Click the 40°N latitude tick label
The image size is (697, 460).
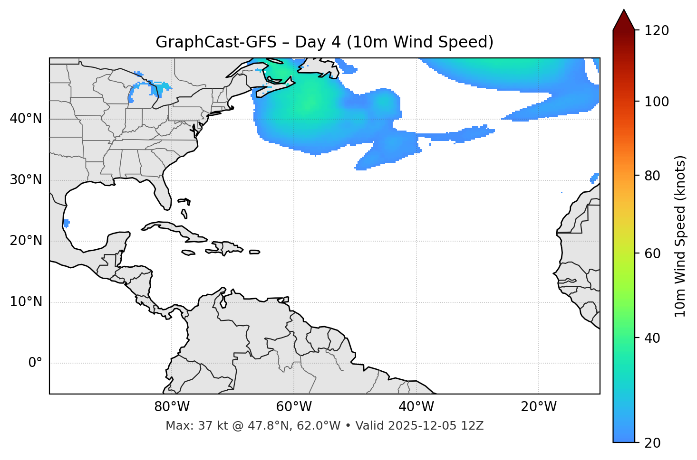pyautogui.click(x=26, y=119)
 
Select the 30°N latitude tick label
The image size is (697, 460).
pyautogui.click(x=26, y=180)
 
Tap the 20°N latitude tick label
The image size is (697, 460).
pyautogui.click(x=26, y=241)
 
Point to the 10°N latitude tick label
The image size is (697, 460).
pyautogui.click(x=26, y=302)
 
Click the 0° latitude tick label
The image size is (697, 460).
pyautogui.click(x=35, y=363)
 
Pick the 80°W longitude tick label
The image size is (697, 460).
pyautogui.click(x=172, y=407)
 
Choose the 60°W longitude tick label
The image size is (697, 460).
pyautogui.click(x=294, y=407)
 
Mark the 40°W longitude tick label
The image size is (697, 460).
pyautogui.click(x=416, y=407)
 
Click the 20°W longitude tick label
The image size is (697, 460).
pyautogui.click(x=539, y=407)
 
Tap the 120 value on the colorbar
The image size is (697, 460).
pyautogui.click(x=656, y=31)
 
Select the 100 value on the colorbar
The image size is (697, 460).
pyautogui.click(x=656, y=102)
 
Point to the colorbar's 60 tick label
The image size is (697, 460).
pyautogui.click(x=652, y=253)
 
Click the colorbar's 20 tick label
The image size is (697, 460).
pyautogui.click(x=652, y=443)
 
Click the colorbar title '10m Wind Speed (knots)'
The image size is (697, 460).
pyautogui.click(x=680, y=236)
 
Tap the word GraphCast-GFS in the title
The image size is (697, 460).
pyautogui.click(x=216, y=42)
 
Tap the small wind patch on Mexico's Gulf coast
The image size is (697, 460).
pyautogui.click(x=66, y=223)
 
